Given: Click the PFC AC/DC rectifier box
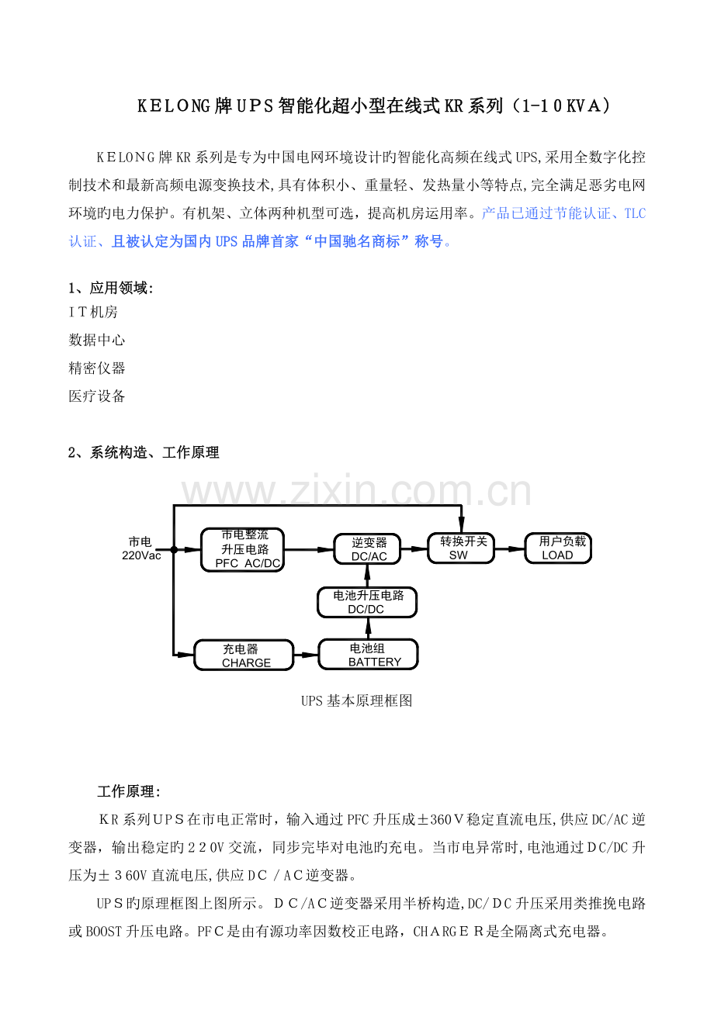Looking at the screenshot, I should tap(242, 549).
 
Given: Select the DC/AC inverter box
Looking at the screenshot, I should tap(368, 548).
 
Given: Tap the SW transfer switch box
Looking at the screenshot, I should tap(461, 548).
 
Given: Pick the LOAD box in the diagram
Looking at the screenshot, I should tap(557, 548).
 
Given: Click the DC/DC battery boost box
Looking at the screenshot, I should tap(367, 602).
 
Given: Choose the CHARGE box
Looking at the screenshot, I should tap(244, 655).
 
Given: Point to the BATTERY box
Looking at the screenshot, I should tap(369, 655).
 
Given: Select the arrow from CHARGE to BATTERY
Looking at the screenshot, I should tap(306, 655).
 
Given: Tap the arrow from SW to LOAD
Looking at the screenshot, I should tap(509, 548).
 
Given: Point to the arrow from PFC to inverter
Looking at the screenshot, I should tap(308, 549).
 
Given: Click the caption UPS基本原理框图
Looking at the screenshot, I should tap(356, 700).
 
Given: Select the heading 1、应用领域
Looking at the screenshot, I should tap(111, 288).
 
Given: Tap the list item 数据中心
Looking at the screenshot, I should tap(97, 340).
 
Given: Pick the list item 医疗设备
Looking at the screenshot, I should tap(97, 396).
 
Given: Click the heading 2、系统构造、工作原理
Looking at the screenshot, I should tap(144, 452).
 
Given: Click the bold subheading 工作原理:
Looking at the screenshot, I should tap(129, 791).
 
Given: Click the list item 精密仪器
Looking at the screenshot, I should tap(97, 368).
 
